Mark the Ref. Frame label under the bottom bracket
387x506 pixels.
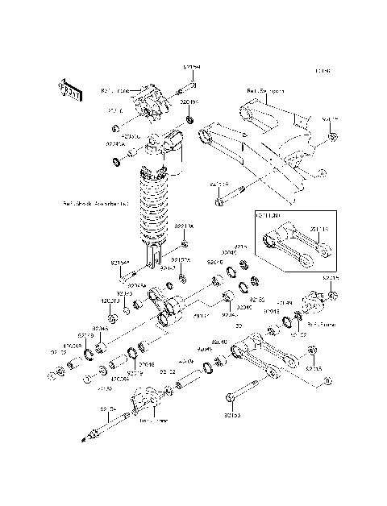click(151, 420)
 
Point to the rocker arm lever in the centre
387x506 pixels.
click(165, 310)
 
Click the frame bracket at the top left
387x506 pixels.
click(148, 101)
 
